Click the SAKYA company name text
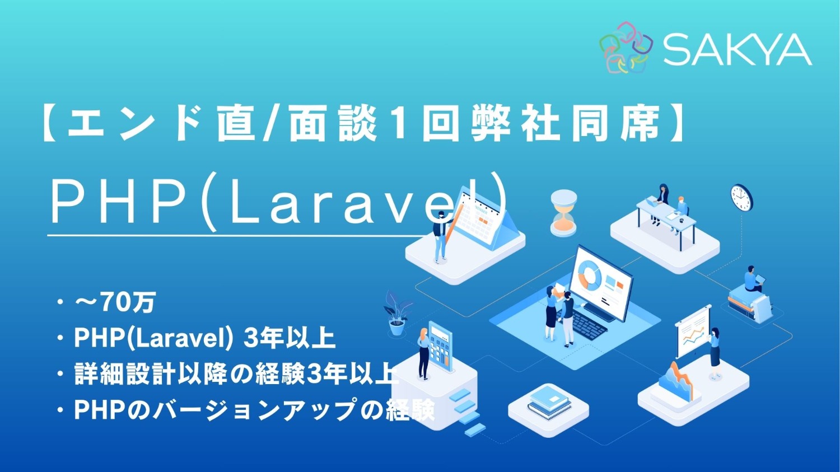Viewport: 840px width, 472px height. coord(737,49)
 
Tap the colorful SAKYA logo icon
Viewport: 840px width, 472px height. coord(626,48)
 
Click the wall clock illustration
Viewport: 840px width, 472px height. coord(741,197)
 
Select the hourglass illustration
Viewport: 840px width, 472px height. coord(563,212)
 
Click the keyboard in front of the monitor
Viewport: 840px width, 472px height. coord(583,322)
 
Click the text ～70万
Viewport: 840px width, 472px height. coord(115,303)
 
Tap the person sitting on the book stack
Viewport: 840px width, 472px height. coord(752,280)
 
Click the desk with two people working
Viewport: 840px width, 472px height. coord(666,216)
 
